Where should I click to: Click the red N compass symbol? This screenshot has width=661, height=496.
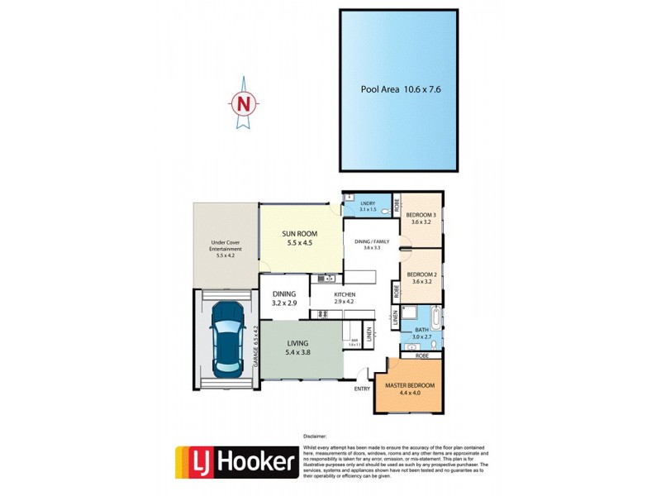tap(243, 104)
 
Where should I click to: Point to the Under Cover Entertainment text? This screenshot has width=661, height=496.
tap(226, 249)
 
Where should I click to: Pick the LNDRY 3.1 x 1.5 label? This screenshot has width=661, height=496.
tap(369, 207)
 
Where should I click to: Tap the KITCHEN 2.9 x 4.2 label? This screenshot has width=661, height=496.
tap(344, 298)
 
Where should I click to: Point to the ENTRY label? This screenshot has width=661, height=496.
tap(362, 389)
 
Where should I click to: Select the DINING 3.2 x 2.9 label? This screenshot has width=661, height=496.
tap(283, 298)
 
